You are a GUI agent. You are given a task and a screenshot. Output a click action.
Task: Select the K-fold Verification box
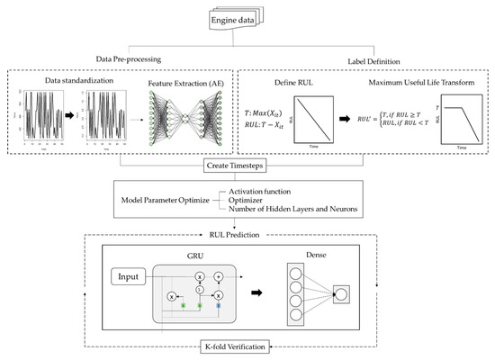tap(246, 346)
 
